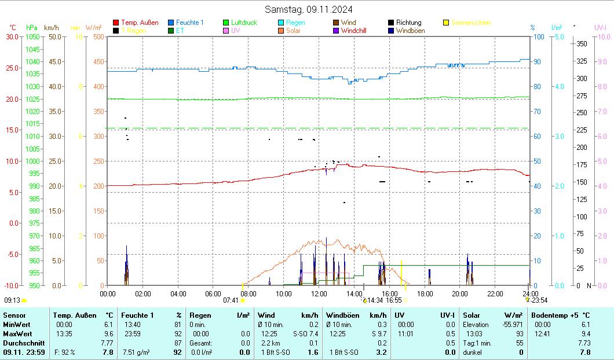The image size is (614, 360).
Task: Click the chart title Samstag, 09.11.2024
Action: pos(308,9)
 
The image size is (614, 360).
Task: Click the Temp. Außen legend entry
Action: pos(140,23)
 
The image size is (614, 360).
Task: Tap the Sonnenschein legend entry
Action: pos(471,23)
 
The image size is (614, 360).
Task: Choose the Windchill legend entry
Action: pos(357,31)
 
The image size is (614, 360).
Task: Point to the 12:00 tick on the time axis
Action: pos(319,293)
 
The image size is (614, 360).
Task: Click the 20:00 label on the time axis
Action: pos(459,293)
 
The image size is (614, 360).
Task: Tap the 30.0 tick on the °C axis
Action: pos(12,36)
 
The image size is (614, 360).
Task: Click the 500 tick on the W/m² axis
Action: pos(98,36)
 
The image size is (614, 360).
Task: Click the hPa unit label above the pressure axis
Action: pos(31,27)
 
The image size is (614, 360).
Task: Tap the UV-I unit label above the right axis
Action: pos(600,27)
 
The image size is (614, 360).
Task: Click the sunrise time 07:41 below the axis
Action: pos(231,300)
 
